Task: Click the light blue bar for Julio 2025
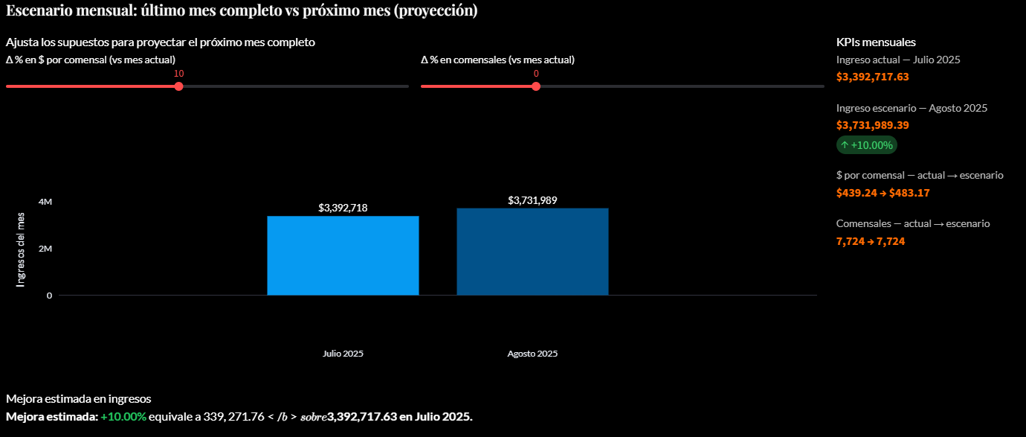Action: pos(343,255)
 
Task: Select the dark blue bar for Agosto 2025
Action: pos(532,252)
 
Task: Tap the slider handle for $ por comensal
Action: pos(178,86)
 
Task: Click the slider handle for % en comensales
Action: pos(536,86)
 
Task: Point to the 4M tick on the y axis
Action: pos(45,202)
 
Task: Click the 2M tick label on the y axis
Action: pos(45,249)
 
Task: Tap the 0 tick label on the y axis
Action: pos(49,296)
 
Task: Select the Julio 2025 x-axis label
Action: pos(343,354)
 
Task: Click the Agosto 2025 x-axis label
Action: pos(532,354)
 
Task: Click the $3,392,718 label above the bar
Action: pos(343,208)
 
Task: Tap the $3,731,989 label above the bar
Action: pos(532,200)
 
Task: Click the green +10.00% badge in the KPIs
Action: pos(866,145)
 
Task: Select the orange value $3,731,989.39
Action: pos(873,125)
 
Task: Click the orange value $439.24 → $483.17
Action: pos(883,193)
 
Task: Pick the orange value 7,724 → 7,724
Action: pos(871,241)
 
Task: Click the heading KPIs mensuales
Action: pos(876,42)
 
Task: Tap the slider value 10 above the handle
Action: pos(178,74)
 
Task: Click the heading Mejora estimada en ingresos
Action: pos(79,399)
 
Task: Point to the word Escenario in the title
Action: pos(36,10)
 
